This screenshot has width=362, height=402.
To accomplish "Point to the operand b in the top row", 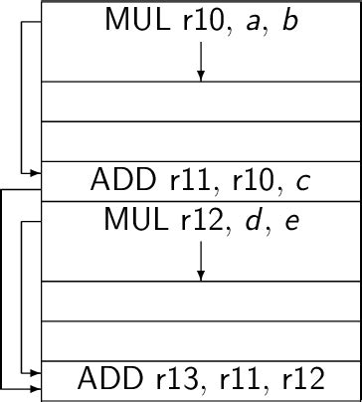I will pyautogui.click(x=289, y=20).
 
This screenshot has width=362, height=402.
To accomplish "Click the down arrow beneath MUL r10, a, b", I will pyautogui.click(x=200, y=62).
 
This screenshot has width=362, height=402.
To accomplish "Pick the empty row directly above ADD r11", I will pyautogui.click(x=200, y=140).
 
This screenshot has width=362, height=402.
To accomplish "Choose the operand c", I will pyautogui.click(x=303, y=182).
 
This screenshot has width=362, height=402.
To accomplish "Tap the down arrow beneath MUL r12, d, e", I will pyautogui.click(x=200, y=262).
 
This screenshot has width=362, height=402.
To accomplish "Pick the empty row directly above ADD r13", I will pyautogui.click(x=200, y=340).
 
